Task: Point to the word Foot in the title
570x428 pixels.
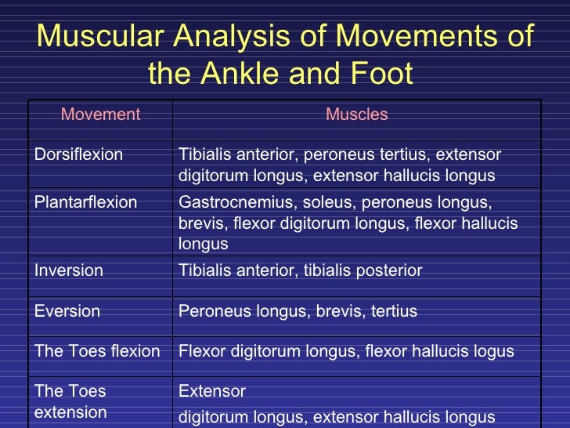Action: [378, 74]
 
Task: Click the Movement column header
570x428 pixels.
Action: [100, 114]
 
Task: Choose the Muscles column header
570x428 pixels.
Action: [356, 114]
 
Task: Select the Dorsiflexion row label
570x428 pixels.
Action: [78, 154]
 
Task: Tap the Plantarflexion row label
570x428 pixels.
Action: [85, 202]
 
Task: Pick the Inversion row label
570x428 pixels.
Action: [69, 270]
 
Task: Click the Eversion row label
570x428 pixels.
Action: [67, 311]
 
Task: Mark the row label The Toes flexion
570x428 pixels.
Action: [97, 351]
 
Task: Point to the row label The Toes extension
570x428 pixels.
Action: [70, 401]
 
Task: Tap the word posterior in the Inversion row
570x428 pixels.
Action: [388, 270]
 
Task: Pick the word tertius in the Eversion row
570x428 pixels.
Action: [391, 311]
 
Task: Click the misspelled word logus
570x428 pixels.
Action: [493, 351]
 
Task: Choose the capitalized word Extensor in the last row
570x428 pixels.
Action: [212, 390]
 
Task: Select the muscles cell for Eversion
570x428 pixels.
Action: [298, 311]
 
